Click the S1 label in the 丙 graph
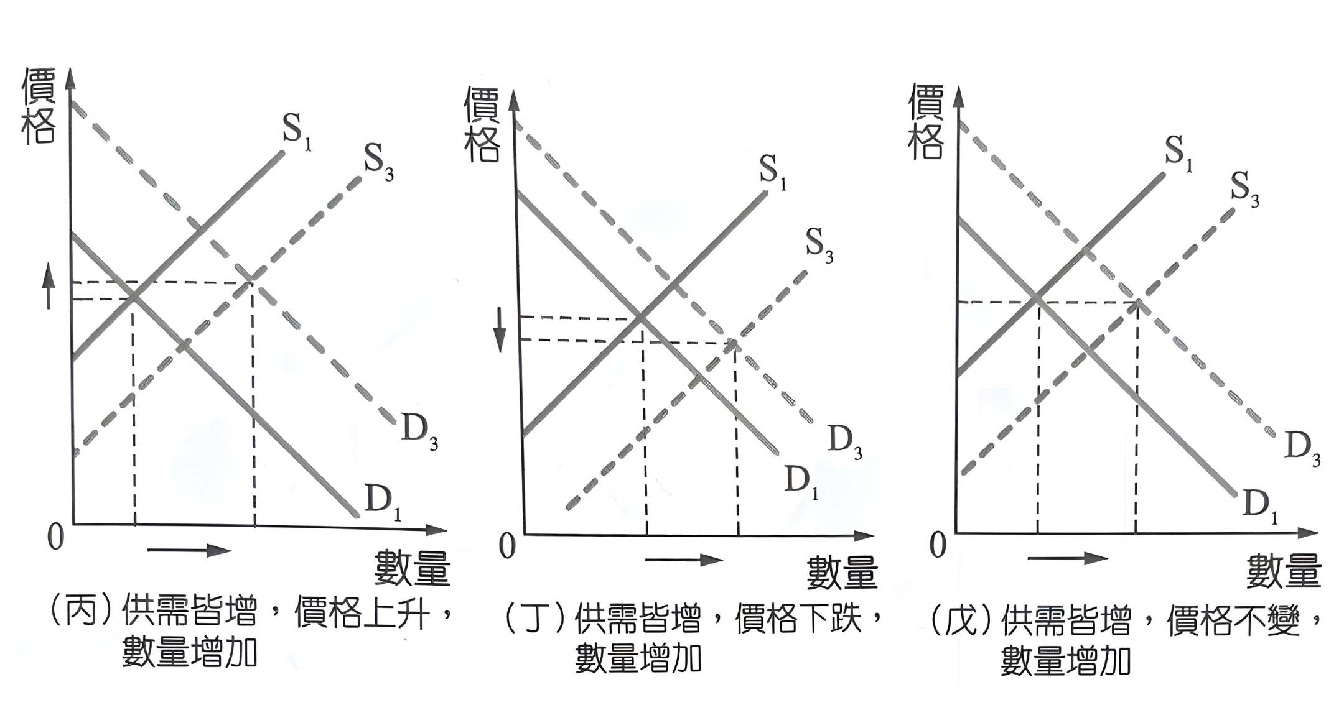click(296, 132)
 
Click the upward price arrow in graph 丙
click(48, 285)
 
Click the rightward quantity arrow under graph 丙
click(189, 550)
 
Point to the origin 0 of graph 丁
click(507, 546)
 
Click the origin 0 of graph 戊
click(937, 545)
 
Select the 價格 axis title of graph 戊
click(925, 122)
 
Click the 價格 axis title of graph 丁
click(482, 125)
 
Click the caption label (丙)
click(81, 612)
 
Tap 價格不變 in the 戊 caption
click(1233, 620)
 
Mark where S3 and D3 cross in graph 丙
click(251, 283)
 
